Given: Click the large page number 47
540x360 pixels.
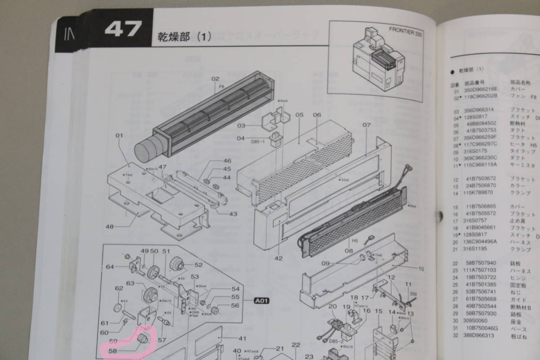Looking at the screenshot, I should click(x=123, y=30).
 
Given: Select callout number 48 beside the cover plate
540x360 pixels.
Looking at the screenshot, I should click(x=110, y=227).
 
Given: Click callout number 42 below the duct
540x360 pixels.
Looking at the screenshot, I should click(x=279, y=258).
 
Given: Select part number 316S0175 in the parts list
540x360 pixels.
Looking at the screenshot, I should click(x=474, y=151).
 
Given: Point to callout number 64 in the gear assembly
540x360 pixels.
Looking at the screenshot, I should click(x=110, y=267).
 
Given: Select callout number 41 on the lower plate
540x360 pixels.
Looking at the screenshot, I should click(x=243, y=339).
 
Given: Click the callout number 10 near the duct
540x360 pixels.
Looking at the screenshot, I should click(x=421, y=269).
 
